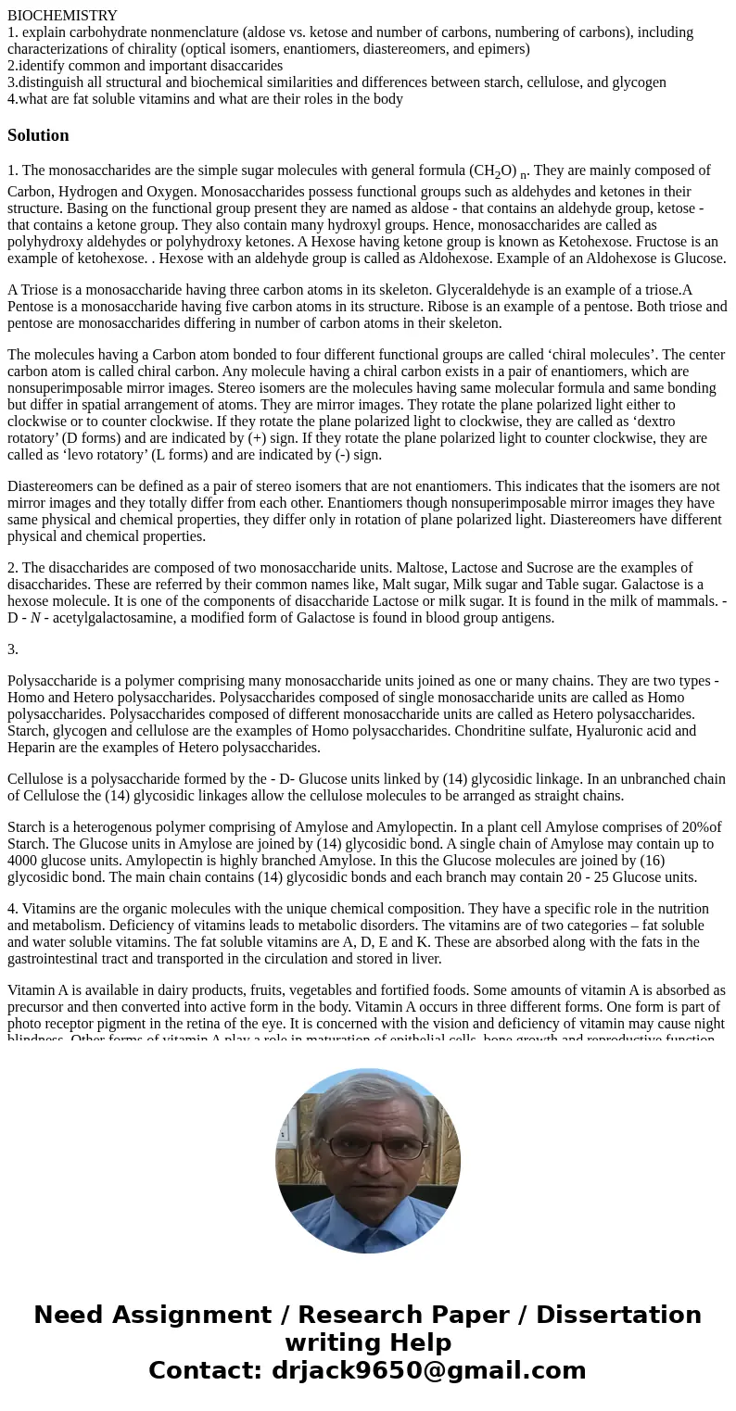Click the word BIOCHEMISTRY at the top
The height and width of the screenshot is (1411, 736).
point(62,16)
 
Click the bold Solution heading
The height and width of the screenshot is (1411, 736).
point(38,135)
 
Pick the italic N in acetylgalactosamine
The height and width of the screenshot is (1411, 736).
point(35,618)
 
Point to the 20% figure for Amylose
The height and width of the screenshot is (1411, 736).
point(687,827)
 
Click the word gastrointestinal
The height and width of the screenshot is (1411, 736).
point(56,959)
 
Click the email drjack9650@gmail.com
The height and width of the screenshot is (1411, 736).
point(428,1370)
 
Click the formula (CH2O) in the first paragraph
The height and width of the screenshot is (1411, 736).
point(493,171)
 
